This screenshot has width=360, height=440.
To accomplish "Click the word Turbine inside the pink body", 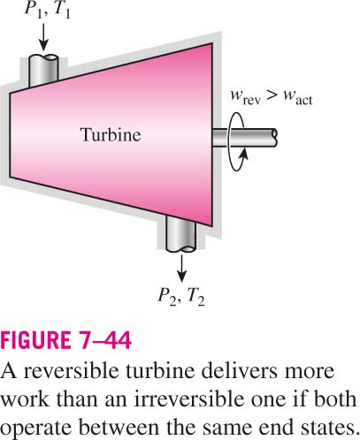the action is click(111, 135).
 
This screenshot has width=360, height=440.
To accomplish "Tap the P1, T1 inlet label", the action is click(48, 10).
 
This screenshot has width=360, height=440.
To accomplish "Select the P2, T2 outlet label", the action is click(181, 296).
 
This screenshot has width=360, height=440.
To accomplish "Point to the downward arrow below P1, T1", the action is click(43, 37).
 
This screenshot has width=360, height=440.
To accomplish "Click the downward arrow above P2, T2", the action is click(181, 269).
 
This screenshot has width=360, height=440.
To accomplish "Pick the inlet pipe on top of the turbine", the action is click(43, 70).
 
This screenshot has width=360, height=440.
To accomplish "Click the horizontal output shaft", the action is click(244, 138).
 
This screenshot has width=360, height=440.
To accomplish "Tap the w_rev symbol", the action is click(246, 97).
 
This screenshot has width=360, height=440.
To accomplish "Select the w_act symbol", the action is click(297, 97).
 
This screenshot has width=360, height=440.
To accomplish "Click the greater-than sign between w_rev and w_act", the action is click(272, 95).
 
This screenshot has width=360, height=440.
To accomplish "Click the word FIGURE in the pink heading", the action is click(35, 340).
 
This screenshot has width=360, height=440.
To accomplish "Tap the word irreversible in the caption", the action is click(190, 398).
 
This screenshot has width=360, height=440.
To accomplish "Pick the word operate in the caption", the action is click(36, 428).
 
